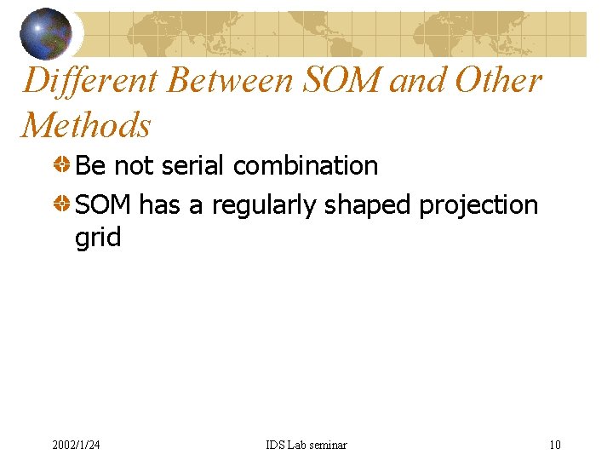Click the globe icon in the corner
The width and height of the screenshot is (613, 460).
coord(46,33)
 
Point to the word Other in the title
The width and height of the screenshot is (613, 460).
coord(499,81)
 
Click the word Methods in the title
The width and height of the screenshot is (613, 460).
coord(86,125)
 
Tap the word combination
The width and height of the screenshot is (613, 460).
coord(306,165)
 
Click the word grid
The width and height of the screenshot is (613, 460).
coord(98,238)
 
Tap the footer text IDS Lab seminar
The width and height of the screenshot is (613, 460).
coord(306,445)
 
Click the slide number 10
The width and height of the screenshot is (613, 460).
coord(555,445)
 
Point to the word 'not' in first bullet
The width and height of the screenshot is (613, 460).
coord(133,165)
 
